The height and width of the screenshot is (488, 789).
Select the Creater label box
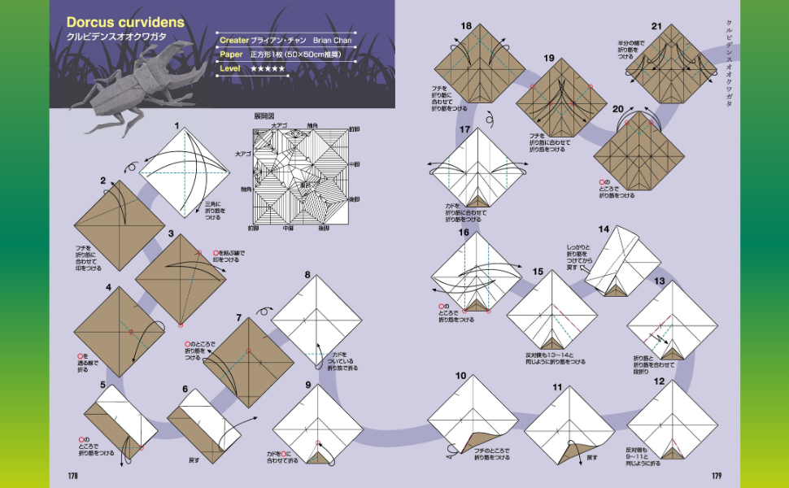pos(233,39)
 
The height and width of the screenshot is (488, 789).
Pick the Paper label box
pos(230,54)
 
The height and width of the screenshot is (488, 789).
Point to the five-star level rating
pos(268,69)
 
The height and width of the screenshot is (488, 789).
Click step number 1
pos(177,127)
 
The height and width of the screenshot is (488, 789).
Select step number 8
pos(307,275)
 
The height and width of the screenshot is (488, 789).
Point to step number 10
pos(460,376)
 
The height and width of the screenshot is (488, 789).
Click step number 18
pos(466,26)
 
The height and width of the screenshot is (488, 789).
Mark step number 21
pos(656,26)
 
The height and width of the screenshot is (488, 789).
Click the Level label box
pos(230,69)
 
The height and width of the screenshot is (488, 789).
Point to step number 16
pos(464,233)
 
